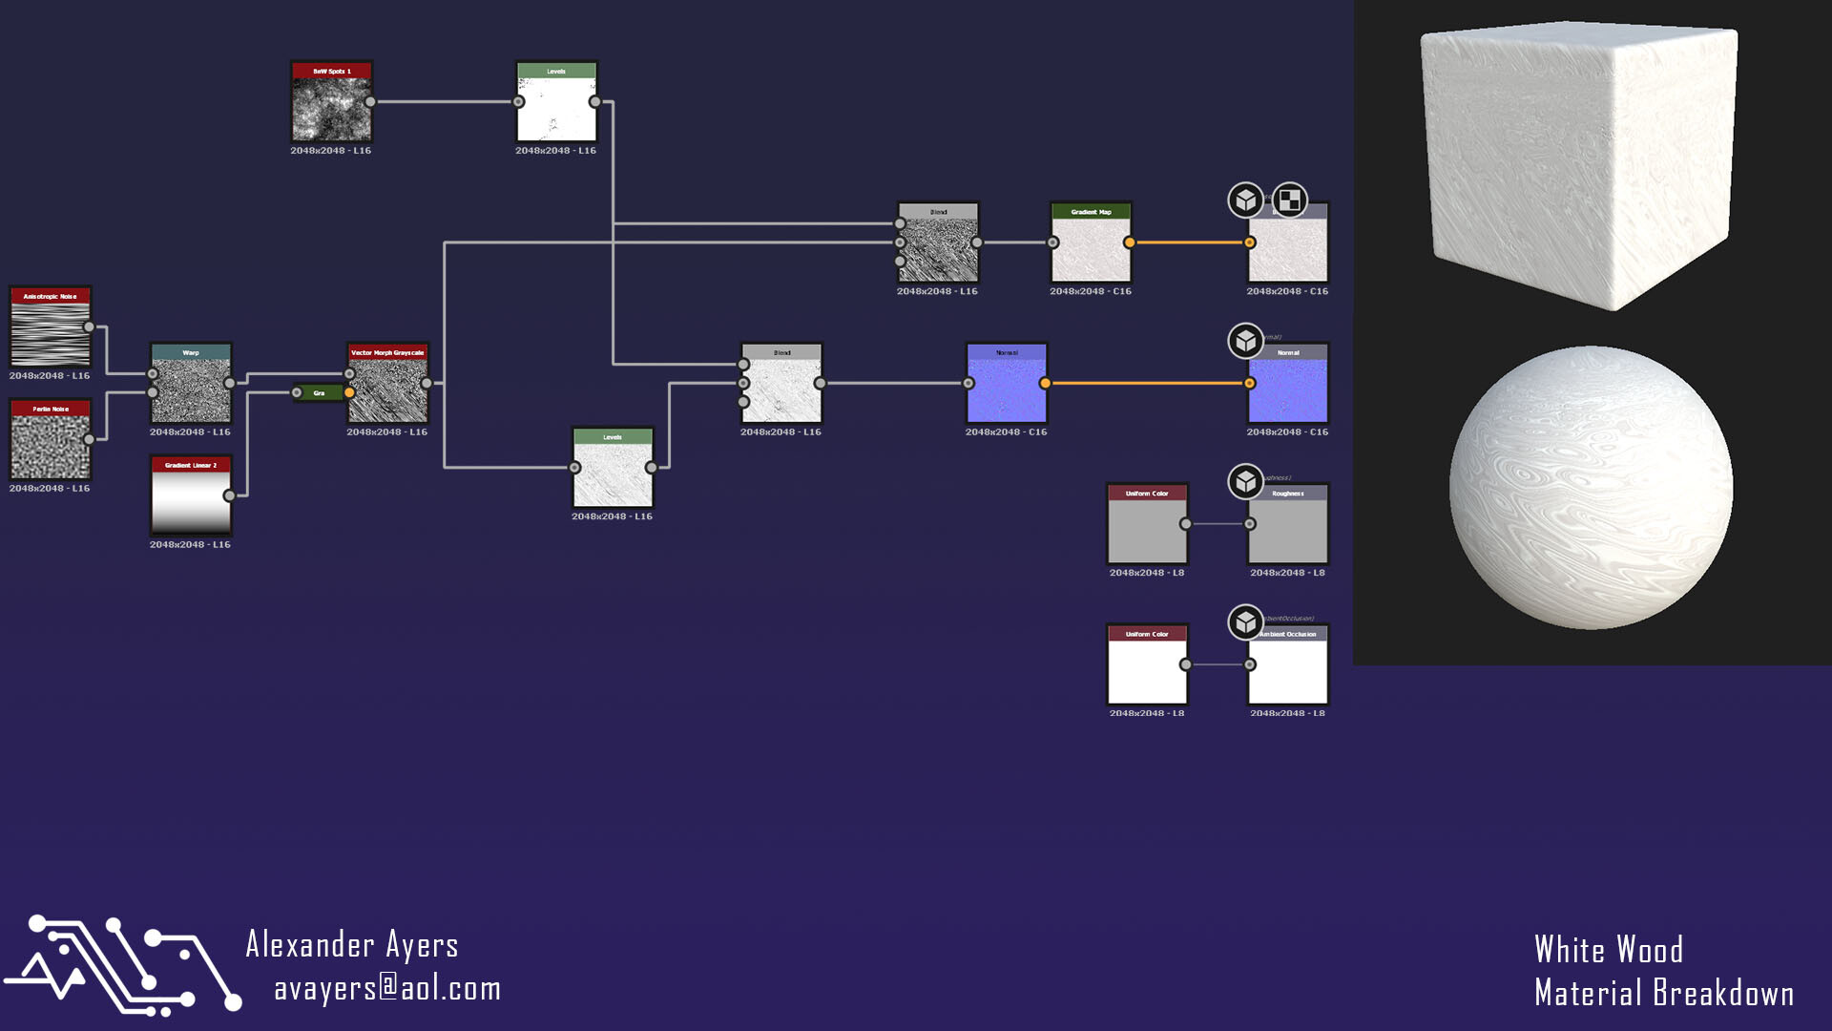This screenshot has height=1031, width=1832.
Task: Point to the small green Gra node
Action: (x=320, y=392)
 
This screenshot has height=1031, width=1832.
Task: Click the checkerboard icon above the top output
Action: (x=1289, y=200)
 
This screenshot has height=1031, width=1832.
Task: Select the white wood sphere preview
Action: (x=1591, y=487)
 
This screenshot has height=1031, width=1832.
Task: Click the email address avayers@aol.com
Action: (x=387, y=989)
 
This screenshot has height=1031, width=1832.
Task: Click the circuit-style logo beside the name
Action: (x=122, y=964)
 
